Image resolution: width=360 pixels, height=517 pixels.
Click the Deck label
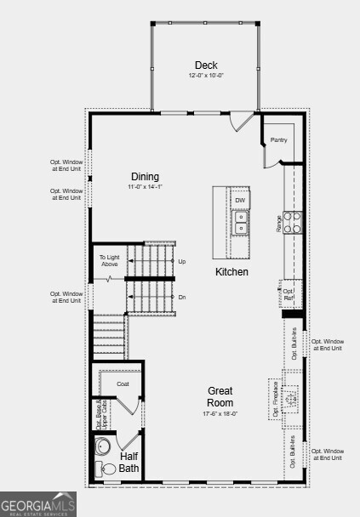click(205, 65)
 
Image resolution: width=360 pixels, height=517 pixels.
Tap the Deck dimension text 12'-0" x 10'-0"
click(205, 76)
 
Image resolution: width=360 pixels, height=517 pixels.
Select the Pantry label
click(278, 139)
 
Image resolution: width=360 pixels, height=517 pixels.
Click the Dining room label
click(144, 177)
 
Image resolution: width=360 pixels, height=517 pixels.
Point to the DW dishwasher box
click(241, 201)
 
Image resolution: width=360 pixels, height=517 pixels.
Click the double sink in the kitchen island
click(241, 222)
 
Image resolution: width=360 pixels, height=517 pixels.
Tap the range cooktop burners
click(291, 223)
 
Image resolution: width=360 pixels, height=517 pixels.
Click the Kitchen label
click(231, 272)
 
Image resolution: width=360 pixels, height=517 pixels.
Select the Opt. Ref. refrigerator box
click(289, 294)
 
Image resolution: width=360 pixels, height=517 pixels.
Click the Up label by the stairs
click(182, 261)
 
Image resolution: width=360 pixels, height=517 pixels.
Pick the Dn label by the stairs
click(182, 297)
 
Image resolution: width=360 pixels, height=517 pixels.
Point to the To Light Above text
click(109, 260)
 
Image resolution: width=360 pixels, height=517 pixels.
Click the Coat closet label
click(123, 383)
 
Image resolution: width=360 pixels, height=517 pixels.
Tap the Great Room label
click(220, 396)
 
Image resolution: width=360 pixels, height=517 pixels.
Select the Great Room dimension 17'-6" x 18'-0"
click(220, 414)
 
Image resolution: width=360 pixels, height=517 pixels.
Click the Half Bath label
click(129, 462)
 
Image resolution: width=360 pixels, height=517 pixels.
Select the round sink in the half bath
click(104, 446)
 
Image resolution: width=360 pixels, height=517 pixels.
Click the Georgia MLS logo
click(38, 503)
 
